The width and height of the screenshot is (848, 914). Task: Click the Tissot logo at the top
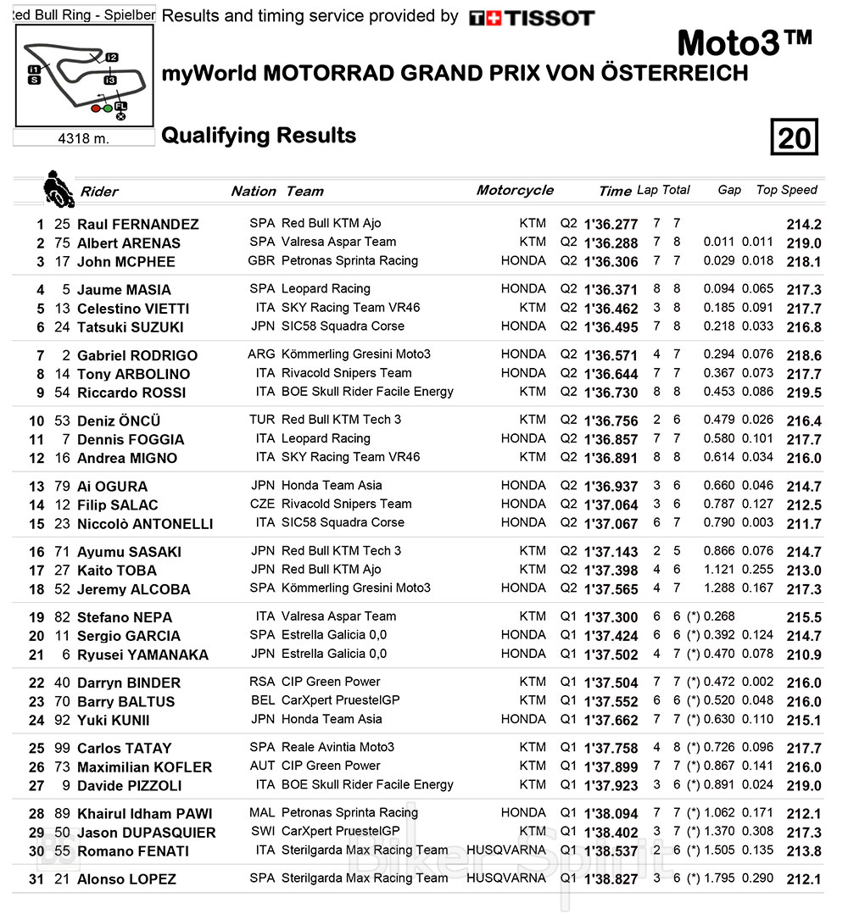[x=532, y=18]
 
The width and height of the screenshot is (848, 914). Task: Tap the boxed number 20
[x=794, y=137]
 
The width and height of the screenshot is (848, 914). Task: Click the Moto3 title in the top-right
[x=745, y=43]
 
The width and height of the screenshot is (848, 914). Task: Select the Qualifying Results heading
[x=259, y=136]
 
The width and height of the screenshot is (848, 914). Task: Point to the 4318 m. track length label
[x=84, y=138]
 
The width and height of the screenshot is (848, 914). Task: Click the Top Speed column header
[x=786, y=190]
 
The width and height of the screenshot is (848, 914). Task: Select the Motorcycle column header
[x=515, y=190]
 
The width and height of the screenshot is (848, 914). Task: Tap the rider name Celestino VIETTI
[x=133, y=309]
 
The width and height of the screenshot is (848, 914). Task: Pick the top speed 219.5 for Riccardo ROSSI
[x=804, y=393]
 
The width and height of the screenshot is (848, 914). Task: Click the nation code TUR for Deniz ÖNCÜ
[x=263, y=420]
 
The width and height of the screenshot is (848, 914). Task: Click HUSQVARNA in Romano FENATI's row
[x=506, y=850]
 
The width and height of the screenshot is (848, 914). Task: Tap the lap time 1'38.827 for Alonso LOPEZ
[x=610, y=879]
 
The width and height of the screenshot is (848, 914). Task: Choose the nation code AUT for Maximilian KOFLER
[x=263, y=766]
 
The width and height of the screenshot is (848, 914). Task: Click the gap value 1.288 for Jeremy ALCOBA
[x=720, y=588]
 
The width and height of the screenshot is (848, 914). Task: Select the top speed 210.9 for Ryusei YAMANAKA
[x=804, y=655]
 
